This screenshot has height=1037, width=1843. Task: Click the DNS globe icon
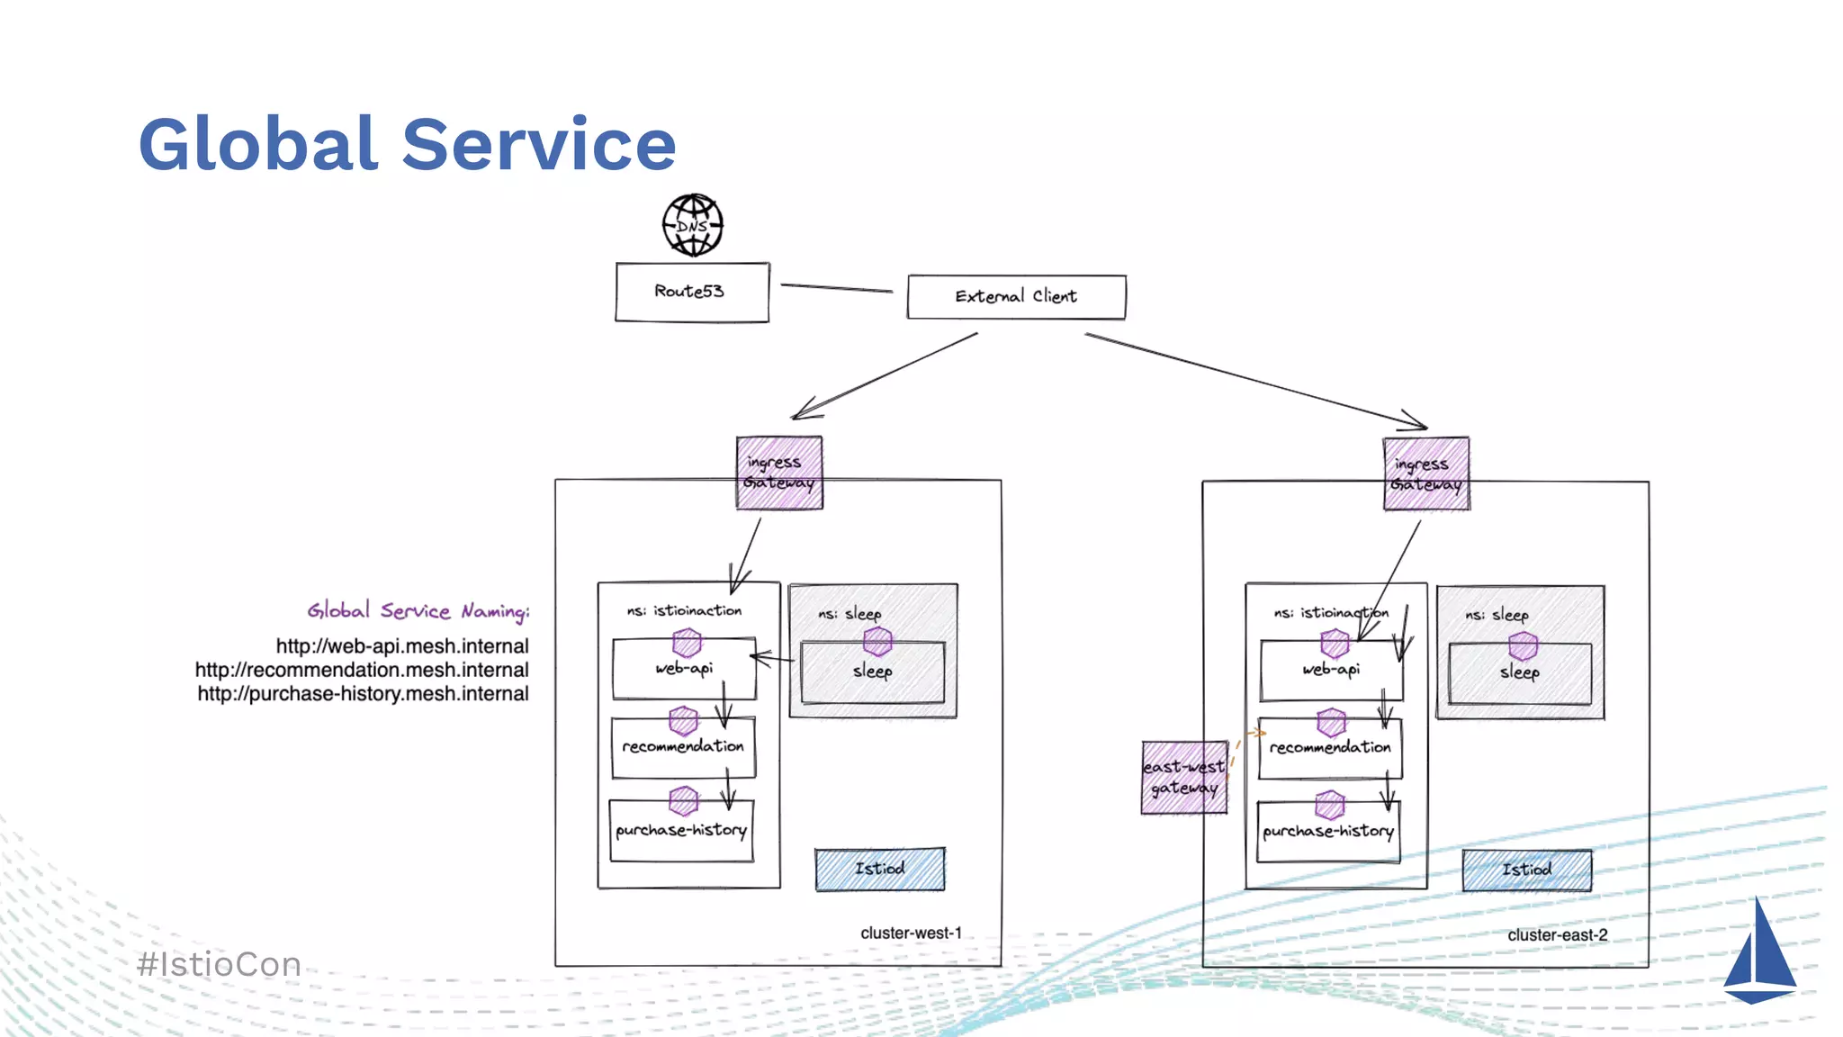pyautogui.click(x=693, y=225)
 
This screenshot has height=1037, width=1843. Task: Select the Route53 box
pyautogui.click(x=692, y=292)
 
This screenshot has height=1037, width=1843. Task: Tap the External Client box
pyautogui.click(x=1016, y=297)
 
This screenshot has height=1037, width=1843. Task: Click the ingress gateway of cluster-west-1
pyautogui.click(x=779, y=473)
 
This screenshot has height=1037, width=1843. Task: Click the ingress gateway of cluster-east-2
pyautogui.click(x=1426, y=474)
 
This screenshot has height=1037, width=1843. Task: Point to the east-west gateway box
pyautogui.click(x=1184, y=778)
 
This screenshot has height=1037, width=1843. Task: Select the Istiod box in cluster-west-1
pyautogui.click(x=879, y=869)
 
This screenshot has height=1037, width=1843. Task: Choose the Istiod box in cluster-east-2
pyautogui.click(x=1526, y=870)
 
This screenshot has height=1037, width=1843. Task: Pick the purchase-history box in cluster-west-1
pyautogui.click(x=681, y=831)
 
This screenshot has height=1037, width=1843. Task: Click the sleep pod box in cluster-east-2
pyautogui.click(x=1520, y=673)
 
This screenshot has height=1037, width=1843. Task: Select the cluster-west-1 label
pyautogui.click(x=911, y=933)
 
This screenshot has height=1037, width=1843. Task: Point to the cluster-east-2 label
pyautogui.click(x=1557, y=935)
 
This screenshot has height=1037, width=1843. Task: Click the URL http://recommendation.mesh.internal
pyautogui.click(x=362, y=671)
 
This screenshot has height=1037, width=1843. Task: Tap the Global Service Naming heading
pyautogui.click(x=418, y=612)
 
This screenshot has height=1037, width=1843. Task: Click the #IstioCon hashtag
pyautogui.click(x=220, y=965)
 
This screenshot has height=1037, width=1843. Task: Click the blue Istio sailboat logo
pyautogui.click(x=1759, y=954)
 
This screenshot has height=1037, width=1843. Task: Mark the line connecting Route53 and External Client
pyautogui.click(x=836, y=288)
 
